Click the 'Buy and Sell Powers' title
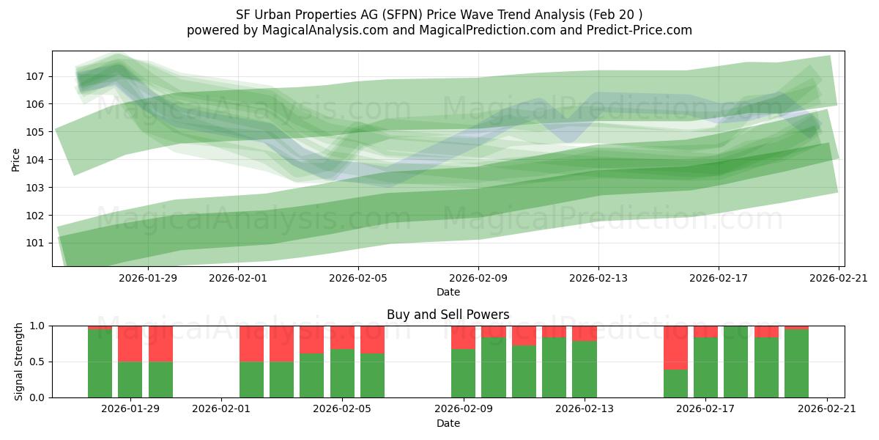click(448, 315)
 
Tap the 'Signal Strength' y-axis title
click(20, 362)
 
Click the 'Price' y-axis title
click(16, 159)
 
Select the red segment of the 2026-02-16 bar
click(675, 347)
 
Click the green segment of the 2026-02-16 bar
click(675, 384)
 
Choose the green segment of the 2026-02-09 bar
click(463, 373)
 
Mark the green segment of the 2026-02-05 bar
click(342, 373)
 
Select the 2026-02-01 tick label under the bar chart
click(221, 409)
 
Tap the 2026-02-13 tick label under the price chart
click(598, 278)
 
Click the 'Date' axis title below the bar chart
click(448, 423)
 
